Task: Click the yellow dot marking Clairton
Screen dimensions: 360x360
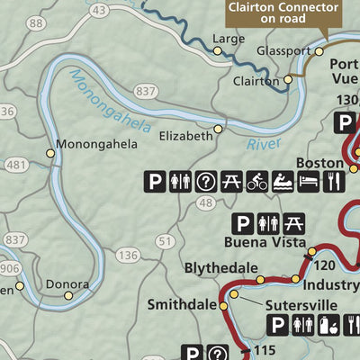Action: point(289,79)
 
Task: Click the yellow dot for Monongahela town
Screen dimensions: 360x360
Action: point(51,154)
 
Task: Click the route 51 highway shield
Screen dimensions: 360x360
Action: point(164,241)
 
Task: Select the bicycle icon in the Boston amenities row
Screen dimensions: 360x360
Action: point(257,183)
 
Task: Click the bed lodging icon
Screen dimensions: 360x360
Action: point(308,183)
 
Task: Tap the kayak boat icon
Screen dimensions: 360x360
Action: point(283,183)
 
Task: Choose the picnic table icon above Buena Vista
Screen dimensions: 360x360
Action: point(293,222)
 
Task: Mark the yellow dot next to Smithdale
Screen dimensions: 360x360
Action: point(224,307)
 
